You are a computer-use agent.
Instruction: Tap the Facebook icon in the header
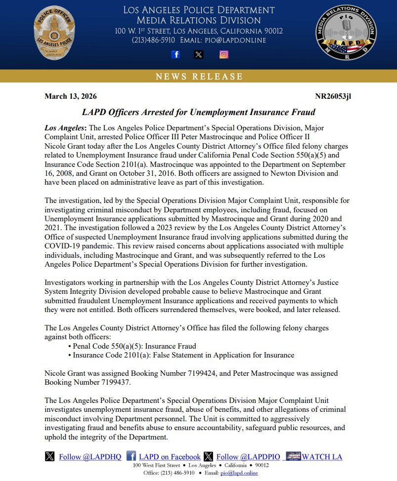click(x=176, y=55)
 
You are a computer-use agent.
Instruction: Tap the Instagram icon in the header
click(x=223, y=55)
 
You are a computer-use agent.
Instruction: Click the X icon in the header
click(x=199, y=55)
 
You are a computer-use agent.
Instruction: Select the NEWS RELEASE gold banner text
click(x=199, y=77)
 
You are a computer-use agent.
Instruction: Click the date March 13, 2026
click(x=71, y=96)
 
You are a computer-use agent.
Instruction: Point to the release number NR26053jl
click(x=333, y=96)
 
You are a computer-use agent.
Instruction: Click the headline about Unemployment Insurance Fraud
click(x=198, y=112)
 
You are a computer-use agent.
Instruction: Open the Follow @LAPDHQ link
click(x=90, y=457)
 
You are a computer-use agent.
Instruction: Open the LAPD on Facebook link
click(x=170, y=457)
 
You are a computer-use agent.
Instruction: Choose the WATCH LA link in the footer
click(x=322, y=457)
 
